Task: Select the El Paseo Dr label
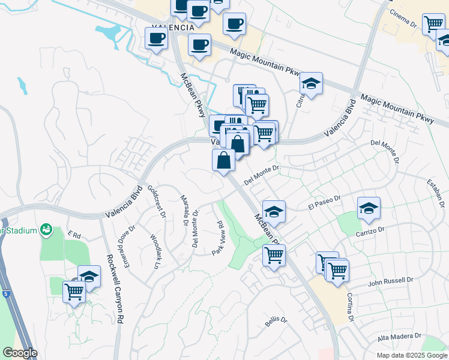[x=324, y=202]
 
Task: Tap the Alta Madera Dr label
[x=400, y=337]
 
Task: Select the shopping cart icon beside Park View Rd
[x=274, y=254]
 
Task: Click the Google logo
[x=20, y=353]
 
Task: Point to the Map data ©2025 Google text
[x=411, y=355]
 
